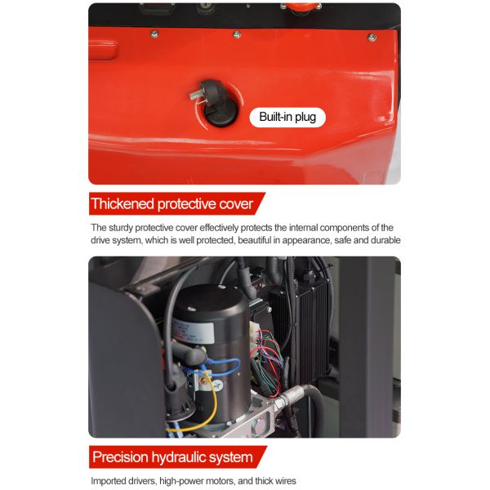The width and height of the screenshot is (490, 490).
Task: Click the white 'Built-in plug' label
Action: (287, 117)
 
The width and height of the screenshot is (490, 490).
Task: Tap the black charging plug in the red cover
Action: (216, 103)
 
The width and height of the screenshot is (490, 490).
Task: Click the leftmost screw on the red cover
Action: (154, 34)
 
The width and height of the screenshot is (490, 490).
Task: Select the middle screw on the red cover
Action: (237, 34)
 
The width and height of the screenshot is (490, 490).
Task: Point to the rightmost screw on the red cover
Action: (372, 38)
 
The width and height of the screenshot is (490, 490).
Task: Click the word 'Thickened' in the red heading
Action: (122, 203)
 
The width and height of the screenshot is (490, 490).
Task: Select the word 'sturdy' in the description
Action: (121, 228)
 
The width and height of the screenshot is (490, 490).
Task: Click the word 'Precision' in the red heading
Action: (120, 457)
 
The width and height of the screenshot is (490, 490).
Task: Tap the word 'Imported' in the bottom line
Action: (108, 481)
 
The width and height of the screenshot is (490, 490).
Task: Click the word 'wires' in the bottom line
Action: (285, 481)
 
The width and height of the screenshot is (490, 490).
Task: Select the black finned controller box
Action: (301, 332)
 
